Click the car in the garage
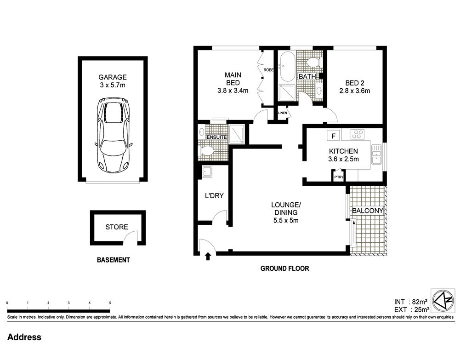113,135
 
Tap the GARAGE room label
113,77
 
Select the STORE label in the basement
117,227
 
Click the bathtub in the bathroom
287,67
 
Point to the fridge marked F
334,136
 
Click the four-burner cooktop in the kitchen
358,134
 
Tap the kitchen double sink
376,154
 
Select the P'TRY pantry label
339,177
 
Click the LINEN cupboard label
283,113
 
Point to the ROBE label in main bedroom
268,70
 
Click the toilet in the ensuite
207,151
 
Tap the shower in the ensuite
237,134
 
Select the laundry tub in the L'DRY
207,171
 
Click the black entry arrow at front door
208,256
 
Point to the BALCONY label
368,211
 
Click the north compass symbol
443,301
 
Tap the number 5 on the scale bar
110,303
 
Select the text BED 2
354,83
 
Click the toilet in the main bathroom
313,63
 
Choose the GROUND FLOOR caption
285,269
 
